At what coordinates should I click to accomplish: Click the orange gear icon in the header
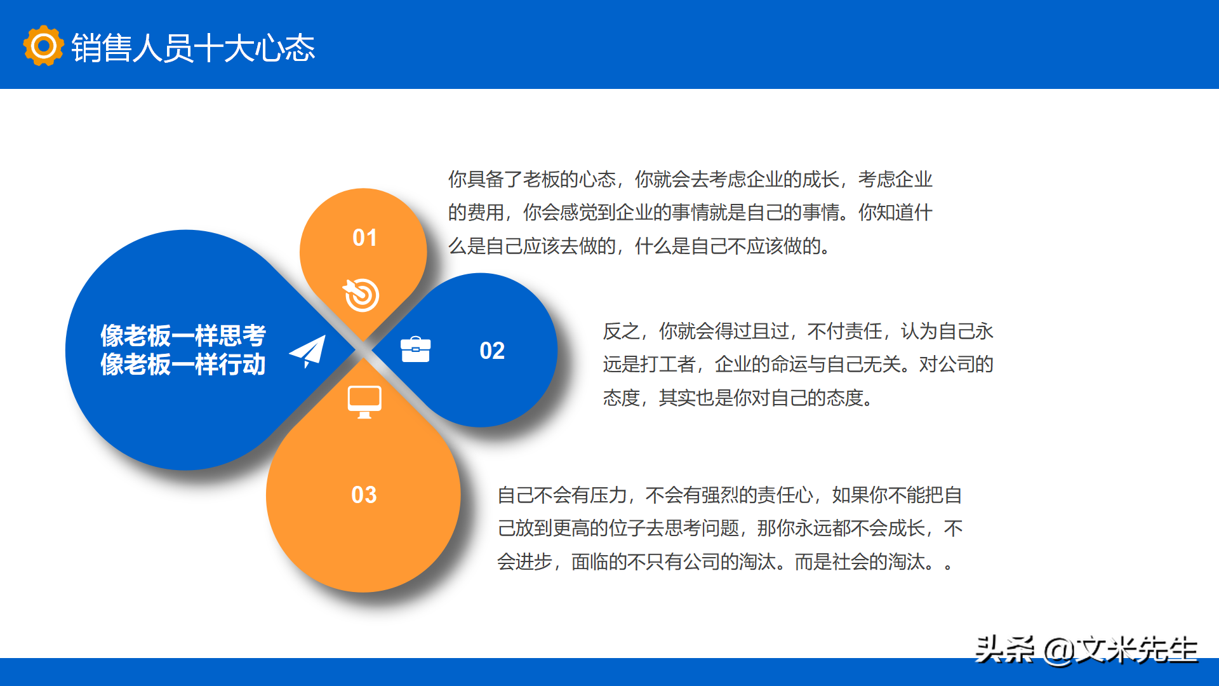coord(43,46)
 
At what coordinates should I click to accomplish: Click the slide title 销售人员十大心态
coord(193,48)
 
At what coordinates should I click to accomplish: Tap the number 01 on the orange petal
coord(364,238)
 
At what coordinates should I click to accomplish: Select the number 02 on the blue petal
coord(492,351)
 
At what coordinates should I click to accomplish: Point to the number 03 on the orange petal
coord(364,495)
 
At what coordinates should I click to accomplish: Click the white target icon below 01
coord(361,295)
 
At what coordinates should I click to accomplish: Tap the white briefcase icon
coord(415,349)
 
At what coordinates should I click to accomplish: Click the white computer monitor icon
coord(364,402)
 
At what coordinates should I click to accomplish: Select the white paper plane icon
coord(308,351)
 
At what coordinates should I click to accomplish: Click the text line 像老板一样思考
coord(183,335)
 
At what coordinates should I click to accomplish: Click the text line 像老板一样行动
coord(183,365)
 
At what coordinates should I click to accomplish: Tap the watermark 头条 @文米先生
coord(1086,650)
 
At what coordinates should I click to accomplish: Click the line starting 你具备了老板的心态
coord(690,179)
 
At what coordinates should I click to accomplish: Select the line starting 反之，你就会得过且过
coord(798,331)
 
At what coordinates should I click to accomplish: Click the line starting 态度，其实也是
coord(738,398)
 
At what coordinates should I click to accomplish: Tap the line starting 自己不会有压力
coord(729,495)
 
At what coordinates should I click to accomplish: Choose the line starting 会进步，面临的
coord(724,562)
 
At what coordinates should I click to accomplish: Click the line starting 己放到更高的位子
coord(729,528)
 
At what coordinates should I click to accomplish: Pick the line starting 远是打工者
coord(798,364)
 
